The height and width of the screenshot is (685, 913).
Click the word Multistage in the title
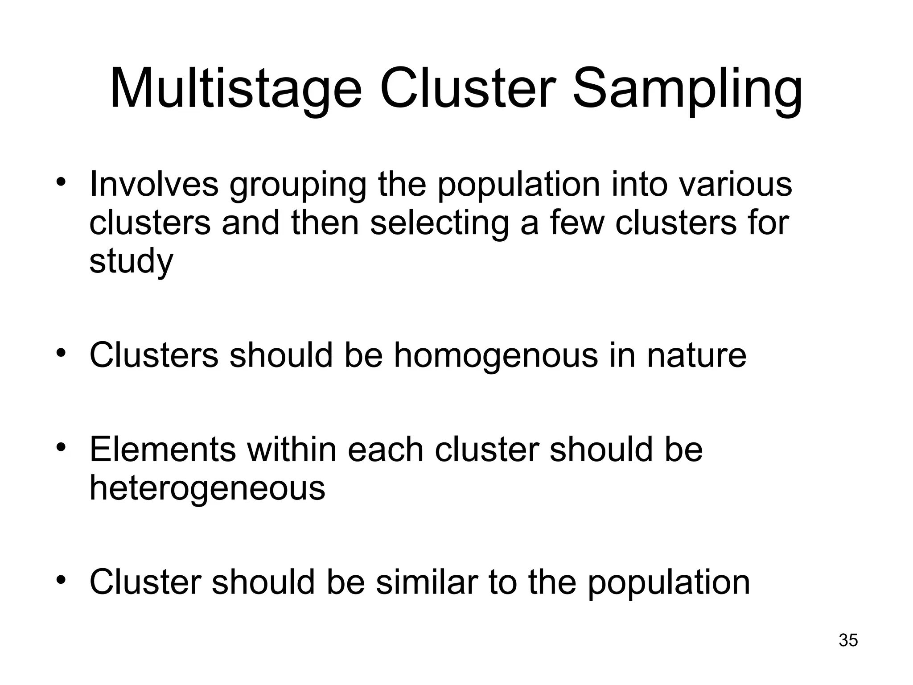pyautogui.click(x=235, y=88)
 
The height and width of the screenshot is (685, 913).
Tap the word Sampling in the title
pyautogui.click(x=687, y=88)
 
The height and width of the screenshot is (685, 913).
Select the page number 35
pyautogui.click(x=848, y=640)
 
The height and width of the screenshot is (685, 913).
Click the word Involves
pyautogui.click(x=154, y=184)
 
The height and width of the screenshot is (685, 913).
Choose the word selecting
pyautogui.click(x=439, y=223)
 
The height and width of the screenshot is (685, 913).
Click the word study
pyautogui.click(x=131, y=262)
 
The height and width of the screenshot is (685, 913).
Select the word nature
pyautogui.click(x=696, y=355)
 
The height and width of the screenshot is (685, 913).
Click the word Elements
pyautogui.click(x=163, y=449)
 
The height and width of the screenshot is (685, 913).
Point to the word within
pyautogui.click(x=292, y=449)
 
